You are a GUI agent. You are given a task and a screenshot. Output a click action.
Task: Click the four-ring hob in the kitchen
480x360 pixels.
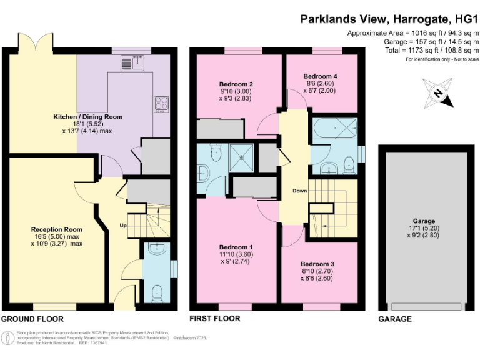pos(161,103)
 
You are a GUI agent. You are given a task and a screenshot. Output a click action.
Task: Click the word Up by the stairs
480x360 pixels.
pos(123,226)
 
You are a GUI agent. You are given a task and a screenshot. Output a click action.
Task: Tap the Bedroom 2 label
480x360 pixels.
pos(236,84)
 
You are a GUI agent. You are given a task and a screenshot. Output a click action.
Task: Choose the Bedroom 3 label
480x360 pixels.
pos(318,263)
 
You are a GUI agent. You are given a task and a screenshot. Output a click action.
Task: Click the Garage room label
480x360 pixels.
pos(424,221)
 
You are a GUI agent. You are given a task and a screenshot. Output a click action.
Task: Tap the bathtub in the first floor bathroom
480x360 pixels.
pos(333,129)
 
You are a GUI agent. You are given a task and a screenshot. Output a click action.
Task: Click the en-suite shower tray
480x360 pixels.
pos(241,157)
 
